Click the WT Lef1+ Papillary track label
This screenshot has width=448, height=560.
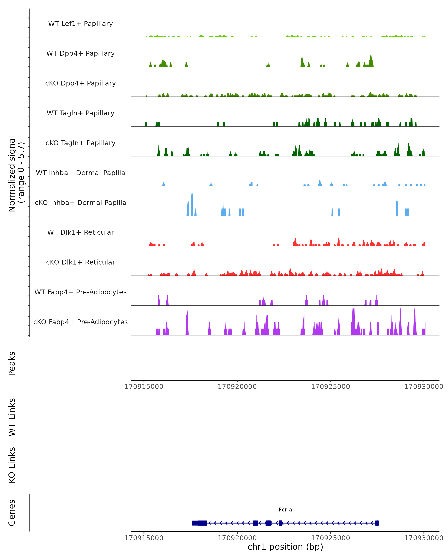click(80, 24)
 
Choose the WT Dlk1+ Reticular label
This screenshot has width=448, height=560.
click(80, 232)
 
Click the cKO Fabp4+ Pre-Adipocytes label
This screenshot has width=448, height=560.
click(80, 322)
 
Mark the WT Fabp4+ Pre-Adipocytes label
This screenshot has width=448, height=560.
click(80, 292)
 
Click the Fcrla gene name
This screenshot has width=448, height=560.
click(285, 510)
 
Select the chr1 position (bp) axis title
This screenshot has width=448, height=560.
click(285, 547)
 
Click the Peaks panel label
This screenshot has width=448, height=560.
click(12, 363)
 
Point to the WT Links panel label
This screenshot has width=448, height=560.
click(12, 417)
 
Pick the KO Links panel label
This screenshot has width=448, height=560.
click(12, 465)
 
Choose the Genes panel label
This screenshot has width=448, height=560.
click(12, 513)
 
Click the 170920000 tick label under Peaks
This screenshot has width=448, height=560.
click(237, 387)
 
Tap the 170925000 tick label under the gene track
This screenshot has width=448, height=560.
click(330, 538)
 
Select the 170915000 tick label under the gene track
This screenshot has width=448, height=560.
click(144, 538)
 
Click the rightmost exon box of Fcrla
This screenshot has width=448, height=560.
click(377, 523)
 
